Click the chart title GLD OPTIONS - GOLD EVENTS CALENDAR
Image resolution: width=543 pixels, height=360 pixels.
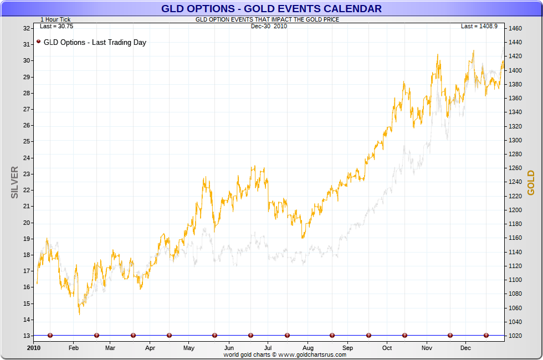point(271,8)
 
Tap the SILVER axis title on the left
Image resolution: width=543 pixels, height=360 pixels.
point(15,182)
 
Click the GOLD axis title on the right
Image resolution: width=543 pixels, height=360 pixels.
point(531,183)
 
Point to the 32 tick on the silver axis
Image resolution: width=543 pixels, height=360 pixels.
point(27,28)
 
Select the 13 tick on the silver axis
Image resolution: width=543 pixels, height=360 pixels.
point(27,336)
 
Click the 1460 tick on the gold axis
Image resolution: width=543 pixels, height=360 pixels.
point(515,28)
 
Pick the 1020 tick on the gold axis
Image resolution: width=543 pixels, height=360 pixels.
point(515,336)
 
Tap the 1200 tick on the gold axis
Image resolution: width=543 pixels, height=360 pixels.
point(515,210)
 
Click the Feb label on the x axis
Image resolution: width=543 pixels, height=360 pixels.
point(73,348)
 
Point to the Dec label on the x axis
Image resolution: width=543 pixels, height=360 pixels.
point(465,348)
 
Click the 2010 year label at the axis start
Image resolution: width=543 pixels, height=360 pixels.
point(34,348)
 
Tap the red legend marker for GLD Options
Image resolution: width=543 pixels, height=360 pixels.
point(38,42)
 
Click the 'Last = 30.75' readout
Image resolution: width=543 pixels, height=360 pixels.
point(57,26)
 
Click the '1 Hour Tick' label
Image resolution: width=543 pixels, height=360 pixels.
point(55,19)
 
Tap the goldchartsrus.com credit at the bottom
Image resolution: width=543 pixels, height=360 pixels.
point(285,354)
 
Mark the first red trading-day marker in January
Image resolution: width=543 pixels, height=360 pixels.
point(50,335)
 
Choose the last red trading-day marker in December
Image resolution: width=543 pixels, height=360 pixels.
point(486,335)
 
